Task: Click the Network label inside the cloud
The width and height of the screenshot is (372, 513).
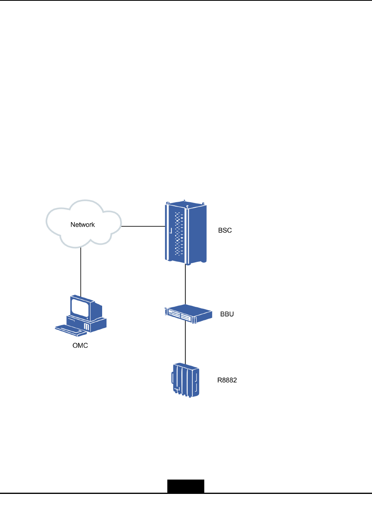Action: click(83, 225)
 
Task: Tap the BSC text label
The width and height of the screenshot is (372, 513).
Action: click(225, 230)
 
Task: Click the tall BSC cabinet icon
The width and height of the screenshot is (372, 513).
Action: click(186, 233)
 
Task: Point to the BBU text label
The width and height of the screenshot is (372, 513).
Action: click(227, 314)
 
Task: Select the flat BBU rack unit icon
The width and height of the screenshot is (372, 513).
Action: click(188, 314)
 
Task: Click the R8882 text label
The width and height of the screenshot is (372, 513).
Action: click(227, 380)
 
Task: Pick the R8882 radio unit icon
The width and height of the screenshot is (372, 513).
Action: click(185, 380)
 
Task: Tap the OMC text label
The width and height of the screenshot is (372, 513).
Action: click(80, 345)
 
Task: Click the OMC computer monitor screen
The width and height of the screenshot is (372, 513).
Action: click(80, 308)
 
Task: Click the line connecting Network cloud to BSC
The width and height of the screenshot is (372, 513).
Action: click(143, 226)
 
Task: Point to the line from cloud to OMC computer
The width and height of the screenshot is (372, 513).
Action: click(81, 271)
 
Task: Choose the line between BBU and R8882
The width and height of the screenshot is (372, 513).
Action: click(186, 342)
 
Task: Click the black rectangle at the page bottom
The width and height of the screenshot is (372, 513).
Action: click(186, 486)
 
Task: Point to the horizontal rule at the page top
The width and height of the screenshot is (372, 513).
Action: click(186, 0)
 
